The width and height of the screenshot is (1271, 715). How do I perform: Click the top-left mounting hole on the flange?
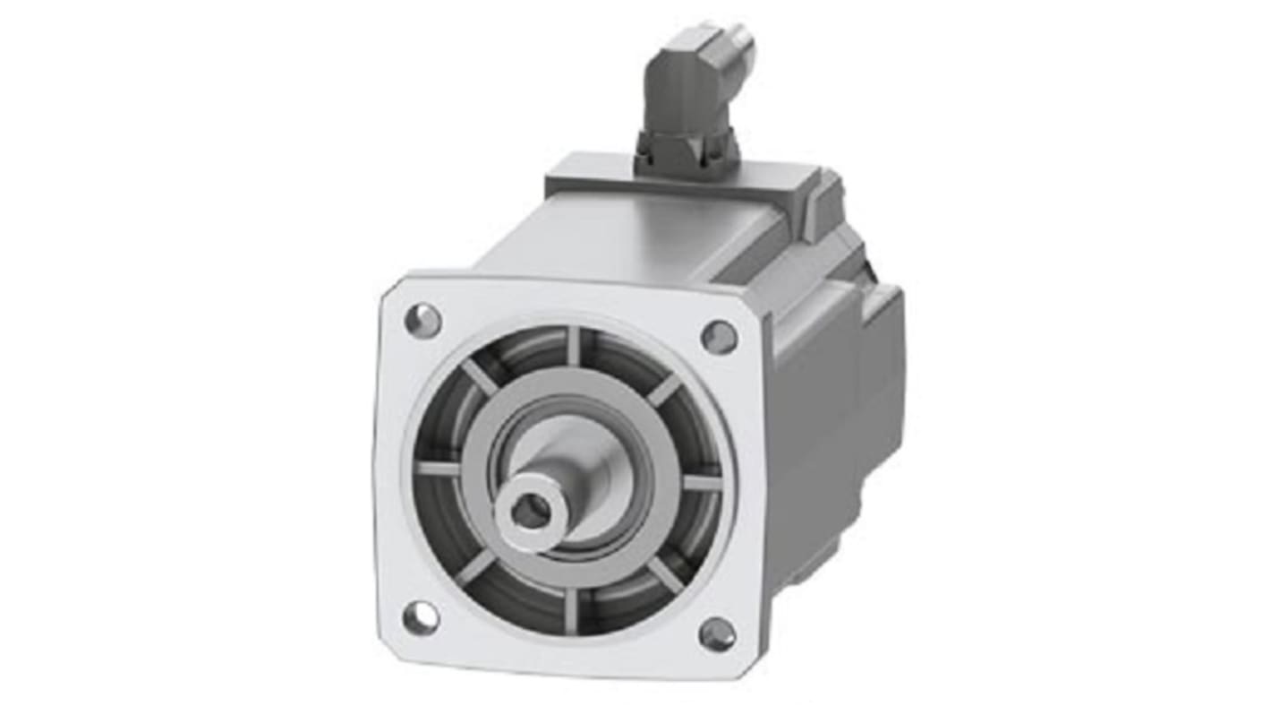coord(422,319)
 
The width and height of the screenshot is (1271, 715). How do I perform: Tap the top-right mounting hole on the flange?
coord(719,337)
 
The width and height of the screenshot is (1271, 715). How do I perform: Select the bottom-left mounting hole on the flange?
coord(421,617)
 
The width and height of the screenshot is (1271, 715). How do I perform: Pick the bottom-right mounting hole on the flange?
coord(718,634)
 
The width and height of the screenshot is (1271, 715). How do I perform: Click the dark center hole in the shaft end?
coord(533,512)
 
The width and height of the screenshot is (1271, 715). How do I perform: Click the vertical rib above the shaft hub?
coord(574,346)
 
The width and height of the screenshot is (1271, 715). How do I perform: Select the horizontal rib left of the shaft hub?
coord(439,468)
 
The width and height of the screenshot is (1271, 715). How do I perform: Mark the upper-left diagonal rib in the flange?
coord(479,377)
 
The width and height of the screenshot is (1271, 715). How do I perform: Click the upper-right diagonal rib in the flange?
coord(663,389)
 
